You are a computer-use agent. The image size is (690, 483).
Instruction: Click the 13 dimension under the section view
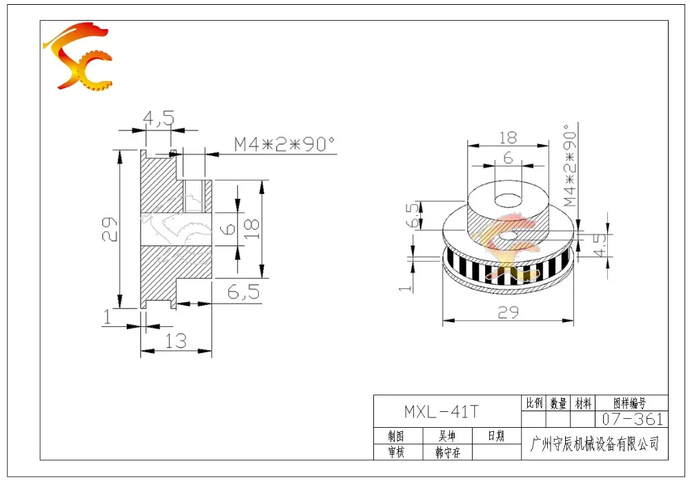(x=176, y=341)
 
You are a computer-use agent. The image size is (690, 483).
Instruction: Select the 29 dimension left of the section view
(x=110, y=229)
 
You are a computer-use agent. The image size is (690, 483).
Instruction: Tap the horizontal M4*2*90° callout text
(x=284, y=144)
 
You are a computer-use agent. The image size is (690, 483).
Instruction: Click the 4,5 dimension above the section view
(x=159, y=118)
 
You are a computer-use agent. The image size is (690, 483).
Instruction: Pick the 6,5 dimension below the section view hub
(x=244, y=292)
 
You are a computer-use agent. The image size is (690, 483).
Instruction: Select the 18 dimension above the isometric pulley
(x=508, y=138)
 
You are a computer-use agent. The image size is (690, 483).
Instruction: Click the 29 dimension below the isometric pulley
(x=509, y=313)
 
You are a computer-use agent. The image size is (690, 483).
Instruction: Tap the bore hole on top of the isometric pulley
(x=509, y=200)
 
